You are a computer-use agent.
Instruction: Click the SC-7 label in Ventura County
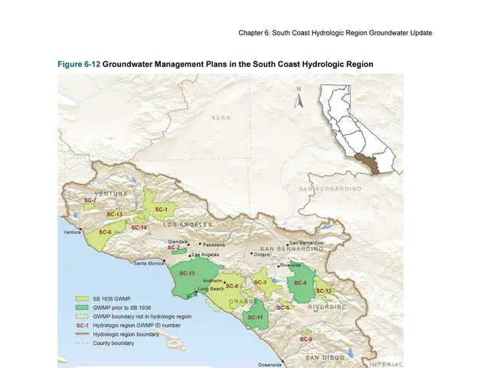click(90, 200)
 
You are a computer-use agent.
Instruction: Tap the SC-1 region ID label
click(162, 209)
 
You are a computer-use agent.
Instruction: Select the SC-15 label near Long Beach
click(187, 274)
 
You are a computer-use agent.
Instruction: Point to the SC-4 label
click(300, 283)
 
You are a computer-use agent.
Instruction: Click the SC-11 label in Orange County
click(256, 317)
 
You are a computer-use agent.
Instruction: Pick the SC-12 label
click(324, 291)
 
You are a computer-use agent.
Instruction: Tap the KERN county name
click(221, 118)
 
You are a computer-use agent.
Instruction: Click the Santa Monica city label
click(148, 264)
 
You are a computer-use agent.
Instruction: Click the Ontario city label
click(263, 255)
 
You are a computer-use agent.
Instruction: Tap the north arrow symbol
click(299, 97)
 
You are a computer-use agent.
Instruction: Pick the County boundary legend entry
click(114, 343)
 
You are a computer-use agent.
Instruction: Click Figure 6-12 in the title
click(79, 64)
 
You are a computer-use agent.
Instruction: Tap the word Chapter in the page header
click(253, 33)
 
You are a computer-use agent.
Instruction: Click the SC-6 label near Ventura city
click(105, 232)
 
